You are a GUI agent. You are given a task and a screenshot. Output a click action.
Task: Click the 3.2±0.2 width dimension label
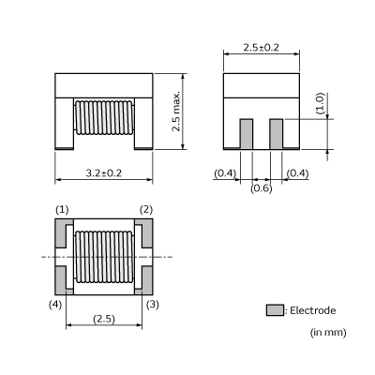click(103, 172)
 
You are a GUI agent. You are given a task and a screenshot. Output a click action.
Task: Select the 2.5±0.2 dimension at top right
click(262, 47)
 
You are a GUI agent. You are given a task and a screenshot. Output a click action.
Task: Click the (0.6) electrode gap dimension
click(262, 188)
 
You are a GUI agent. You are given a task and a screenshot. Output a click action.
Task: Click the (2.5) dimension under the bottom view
click(103, 319)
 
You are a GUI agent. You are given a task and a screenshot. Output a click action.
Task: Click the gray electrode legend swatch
click(274, 310)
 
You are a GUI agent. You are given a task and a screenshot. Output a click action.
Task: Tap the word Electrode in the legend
click(311, 310)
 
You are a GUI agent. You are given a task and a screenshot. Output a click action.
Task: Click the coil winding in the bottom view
click(103, 256)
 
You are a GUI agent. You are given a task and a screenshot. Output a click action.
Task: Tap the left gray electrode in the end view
click(247, 134)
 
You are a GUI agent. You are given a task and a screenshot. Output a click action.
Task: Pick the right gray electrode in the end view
click(277, 134)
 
